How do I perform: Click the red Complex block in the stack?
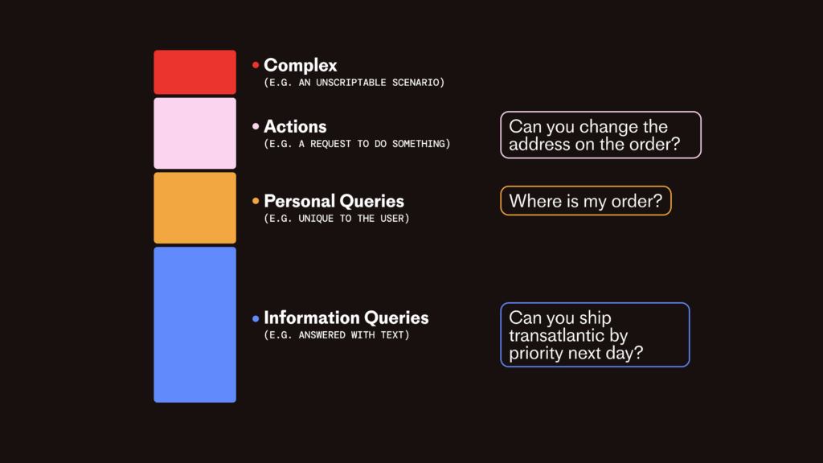click(x=194, y=72)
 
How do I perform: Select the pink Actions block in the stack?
click(x=194, y=133)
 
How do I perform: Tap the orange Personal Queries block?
click(x=194, y=208)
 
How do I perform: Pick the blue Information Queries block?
click(x=194, y=325)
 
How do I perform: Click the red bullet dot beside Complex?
click(x=256, y=65)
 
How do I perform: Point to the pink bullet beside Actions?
click(x=256, y=126)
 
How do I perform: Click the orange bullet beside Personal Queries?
click(x=256, y=200)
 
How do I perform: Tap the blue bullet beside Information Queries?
click(x=256, y=318)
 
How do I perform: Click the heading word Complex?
click(x=301, y=66)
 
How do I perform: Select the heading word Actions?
click(x=295, y=126)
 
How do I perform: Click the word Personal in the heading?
click(x=299, y=201)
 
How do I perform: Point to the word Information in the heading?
click(x=311, y=318)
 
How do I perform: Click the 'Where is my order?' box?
click(x=586, y=200)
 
